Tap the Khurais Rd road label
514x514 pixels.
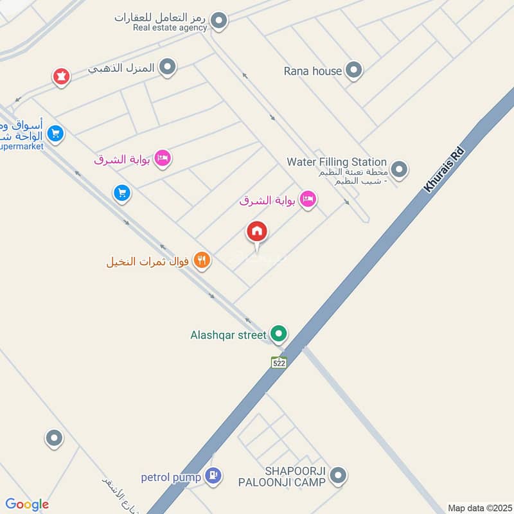point(444,169)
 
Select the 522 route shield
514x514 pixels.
point(278,362)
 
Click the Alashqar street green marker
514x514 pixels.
point(278,334)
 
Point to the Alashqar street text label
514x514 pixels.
point(228,335)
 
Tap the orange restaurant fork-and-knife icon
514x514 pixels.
point(202,261)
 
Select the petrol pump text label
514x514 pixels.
point(172,477)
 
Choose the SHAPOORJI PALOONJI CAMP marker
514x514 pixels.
point(339,476)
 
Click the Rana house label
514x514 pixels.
point(312,71)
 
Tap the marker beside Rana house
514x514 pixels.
point(353,70)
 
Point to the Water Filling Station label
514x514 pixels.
point(337,162)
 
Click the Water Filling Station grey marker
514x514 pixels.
point(400,170)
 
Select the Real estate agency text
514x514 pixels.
point(170,28)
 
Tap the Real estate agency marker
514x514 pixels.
point(220,21)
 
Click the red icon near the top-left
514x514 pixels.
point(61,77)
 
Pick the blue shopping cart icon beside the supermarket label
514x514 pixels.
point(56,134)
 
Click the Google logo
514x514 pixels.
point(27,504)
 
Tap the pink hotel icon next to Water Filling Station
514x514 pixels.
point(308,200)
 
